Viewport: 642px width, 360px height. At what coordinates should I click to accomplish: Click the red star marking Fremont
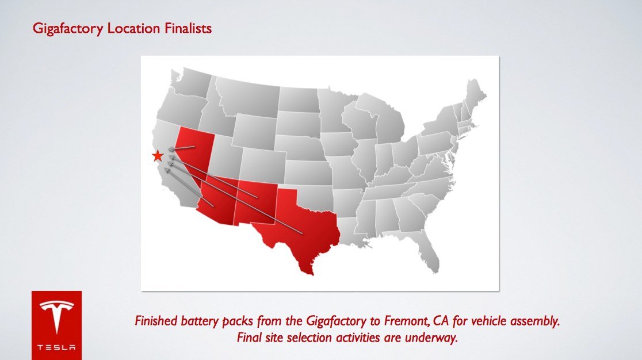click(x=157, y=156)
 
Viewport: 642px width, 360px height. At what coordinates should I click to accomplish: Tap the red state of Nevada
click(x=193, y=151)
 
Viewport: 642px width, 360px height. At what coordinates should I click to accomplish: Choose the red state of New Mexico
click(x=256, y=201)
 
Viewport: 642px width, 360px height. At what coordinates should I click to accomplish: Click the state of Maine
click(x=475, y=96)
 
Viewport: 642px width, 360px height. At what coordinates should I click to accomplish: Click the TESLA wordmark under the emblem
click(x=56, y=348)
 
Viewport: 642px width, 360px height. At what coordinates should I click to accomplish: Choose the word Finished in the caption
click(x=155, y=321)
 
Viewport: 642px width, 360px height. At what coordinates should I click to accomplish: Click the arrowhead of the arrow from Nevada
click(x=171, y=149)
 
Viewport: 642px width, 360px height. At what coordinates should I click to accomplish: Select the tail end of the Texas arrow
click(x=302, y=233)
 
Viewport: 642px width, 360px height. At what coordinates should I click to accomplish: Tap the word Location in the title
click(x=133, y=28)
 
